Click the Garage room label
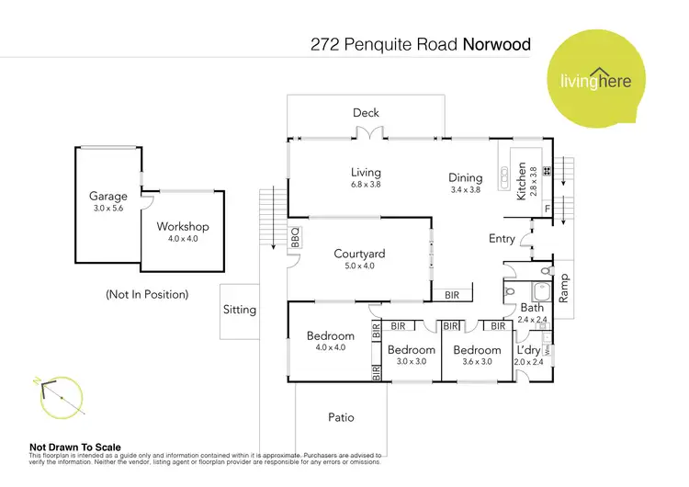(107, 196)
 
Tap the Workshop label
(183, 226)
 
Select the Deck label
(366, 113)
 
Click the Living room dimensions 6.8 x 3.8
(366, 184)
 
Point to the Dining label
(465, 178)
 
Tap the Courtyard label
(358, 254)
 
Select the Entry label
(502, 239)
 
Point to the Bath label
(532, 308)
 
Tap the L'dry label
(528, 350)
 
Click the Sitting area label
(240, 310)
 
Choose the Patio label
(341, 417)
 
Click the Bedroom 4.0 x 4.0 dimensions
(330, 347)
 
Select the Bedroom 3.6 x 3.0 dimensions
(477, 362)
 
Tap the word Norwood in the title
(497, 43)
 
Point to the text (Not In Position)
(147, 294)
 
